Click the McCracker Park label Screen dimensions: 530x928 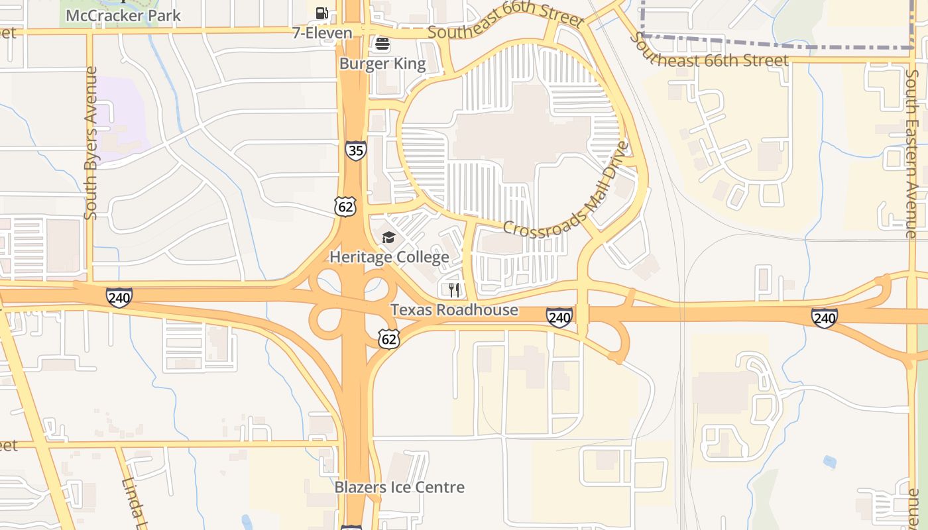(x=123, y=15)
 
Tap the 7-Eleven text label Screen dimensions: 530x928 (x=322, y=32)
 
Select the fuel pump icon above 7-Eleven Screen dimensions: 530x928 (x=322, y=13)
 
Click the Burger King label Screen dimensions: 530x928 (x=382, y=64)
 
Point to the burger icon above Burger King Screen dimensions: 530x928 (x=382, y=44)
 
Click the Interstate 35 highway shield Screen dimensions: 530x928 (x=355, y=150)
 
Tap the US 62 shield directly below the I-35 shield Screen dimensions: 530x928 (x=346, y=207)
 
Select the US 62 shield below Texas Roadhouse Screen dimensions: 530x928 (x=389, y=339)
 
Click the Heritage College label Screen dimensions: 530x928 (x=389, y=256)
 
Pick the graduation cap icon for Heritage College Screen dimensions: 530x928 (x=388, y=237)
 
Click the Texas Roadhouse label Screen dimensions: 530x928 (x=454, y=309)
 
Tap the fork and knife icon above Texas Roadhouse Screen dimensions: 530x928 (x=454, y=290)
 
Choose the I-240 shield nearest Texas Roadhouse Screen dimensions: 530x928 (x=559, y=318)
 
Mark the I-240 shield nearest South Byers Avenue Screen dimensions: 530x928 (x=119, y=297)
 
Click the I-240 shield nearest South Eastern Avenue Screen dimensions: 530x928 (x=825, y=318)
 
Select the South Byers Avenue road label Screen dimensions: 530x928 (x=91, y=142)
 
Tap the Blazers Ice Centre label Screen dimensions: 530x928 (x=399, y=487)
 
